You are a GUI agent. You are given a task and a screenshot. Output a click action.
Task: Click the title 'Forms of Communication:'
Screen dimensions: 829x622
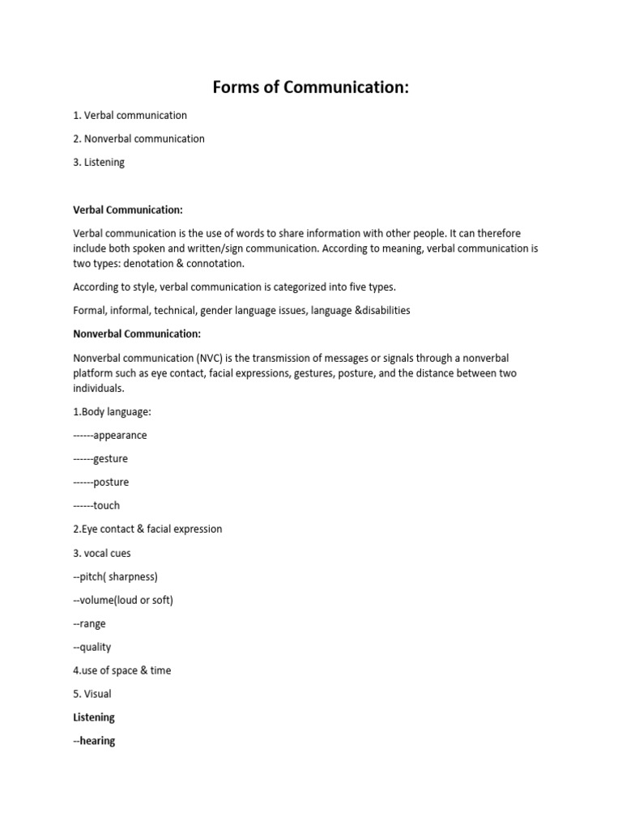(310, 87)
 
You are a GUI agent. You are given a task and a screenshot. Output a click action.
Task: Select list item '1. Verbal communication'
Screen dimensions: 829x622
(130, 115)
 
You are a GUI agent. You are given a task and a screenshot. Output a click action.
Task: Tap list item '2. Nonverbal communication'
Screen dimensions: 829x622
(138, 138)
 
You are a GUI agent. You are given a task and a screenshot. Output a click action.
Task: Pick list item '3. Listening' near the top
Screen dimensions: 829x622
(99, 162)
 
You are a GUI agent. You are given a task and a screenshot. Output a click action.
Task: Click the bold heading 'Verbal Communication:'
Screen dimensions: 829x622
(127, 210)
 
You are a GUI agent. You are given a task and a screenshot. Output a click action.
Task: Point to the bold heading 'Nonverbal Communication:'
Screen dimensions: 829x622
(137, 334)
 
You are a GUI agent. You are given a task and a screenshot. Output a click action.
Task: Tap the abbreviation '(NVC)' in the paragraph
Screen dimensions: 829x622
(206, 358)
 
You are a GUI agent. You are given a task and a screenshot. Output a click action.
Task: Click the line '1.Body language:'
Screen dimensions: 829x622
(112, 412)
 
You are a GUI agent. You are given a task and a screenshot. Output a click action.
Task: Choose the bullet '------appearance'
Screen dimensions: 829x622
(110, 436)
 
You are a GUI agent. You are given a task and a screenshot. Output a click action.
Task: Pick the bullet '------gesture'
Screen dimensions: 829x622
(100, 459)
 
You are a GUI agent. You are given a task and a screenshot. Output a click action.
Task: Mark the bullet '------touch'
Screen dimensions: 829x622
(96, 506)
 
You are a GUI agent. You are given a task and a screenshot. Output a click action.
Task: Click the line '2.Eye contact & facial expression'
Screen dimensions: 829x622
(147, 529)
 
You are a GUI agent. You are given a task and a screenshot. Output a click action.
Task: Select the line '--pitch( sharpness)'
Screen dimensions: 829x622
(115, 576)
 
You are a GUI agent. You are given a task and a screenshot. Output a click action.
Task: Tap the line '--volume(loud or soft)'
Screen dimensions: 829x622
(123, 600)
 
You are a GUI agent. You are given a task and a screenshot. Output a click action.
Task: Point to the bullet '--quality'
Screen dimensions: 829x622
(92, 647)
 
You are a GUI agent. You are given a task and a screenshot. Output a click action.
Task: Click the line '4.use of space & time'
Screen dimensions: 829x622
(122, 670)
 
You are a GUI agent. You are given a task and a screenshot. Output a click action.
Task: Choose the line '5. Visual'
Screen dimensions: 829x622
(92, 694)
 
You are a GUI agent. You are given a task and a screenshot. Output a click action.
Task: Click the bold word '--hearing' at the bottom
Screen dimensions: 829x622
(94, 741)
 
